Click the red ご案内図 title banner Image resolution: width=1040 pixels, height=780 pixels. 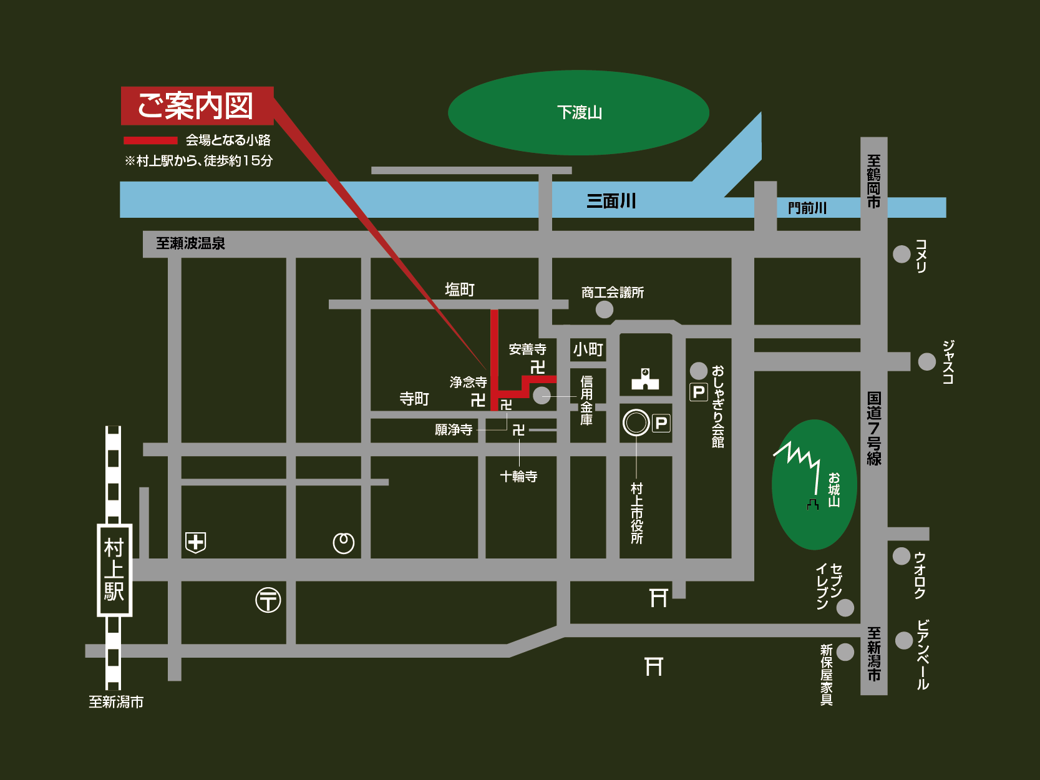(197, 106)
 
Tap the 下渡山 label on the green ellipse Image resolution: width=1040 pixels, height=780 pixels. (579, 113)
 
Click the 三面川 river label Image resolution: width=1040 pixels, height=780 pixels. (611, 201)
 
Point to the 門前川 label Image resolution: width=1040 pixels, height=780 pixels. (807, 208)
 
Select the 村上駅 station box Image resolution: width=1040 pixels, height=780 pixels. (114, 570)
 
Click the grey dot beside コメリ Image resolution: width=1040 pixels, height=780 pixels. (901, 254)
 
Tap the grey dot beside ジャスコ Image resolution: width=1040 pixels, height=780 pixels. (926, 361)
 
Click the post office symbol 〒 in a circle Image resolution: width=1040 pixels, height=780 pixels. (268, 600)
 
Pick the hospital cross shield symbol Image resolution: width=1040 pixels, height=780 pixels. (196, 542)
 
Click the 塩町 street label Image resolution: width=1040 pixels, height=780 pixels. (460, 290)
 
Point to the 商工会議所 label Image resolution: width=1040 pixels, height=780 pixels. (612, 293)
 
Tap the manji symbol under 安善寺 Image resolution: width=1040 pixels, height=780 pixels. (537, 366)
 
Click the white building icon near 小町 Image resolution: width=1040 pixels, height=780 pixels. (645, 379)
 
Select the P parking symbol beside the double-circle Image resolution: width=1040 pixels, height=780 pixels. (661, 424)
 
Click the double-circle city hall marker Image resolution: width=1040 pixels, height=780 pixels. (636, 422)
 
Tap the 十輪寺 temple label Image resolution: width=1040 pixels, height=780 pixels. (518, 477)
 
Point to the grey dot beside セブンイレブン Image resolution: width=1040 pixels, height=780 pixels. (845, 607)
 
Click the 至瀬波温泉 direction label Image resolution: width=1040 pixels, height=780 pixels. (190, 243)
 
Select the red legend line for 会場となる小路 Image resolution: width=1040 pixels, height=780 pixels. (150, 140)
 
